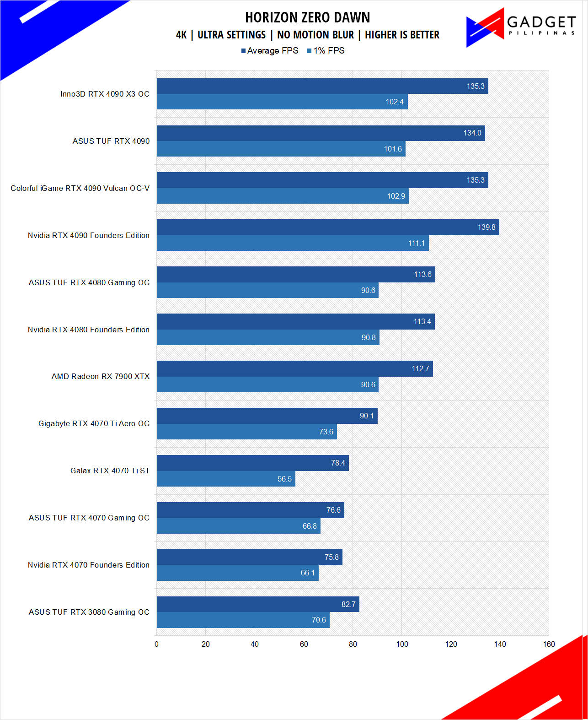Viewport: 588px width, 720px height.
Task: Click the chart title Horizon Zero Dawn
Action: click(x=307, y=17)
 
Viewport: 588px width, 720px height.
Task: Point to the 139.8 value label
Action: click(x=486, y=227)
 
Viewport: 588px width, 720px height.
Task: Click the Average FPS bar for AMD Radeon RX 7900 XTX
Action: click(x=294, y=369)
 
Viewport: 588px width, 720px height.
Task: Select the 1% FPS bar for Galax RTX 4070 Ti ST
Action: click(x=226, y=479)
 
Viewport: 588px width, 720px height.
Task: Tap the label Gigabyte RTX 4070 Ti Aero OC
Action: click(x=94, y=424)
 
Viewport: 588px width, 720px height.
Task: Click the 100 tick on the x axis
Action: click(x=402, y=644)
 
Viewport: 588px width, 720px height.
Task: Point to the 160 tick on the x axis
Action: click(x=549, y=644)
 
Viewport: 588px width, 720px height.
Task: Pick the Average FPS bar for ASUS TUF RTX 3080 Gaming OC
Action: click(x=258, y=604)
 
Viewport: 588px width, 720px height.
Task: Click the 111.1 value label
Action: click(x=416, y=244)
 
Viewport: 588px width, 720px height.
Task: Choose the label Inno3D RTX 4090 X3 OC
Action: click(x=105, y=94)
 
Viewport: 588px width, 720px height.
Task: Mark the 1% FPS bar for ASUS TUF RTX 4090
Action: click(x=281, y=149)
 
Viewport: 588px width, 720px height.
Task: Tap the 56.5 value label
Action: click(x=284, y=479)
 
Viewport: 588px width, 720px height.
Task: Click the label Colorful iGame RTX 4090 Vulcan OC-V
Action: click(x=80, y=189)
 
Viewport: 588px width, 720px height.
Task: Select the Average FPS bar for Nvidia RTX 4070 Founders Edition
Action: click(x=249, y=557)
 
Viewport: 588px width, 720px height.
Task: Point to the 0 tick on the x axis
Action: click(x=157, y=644)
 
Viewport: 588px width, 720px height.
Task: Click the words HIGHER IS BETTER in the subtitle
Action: click(x=402, y=35)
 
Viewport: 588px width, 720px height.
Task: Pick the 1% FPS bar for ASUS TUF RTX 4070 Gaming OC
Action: click(x=238, y=526)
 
